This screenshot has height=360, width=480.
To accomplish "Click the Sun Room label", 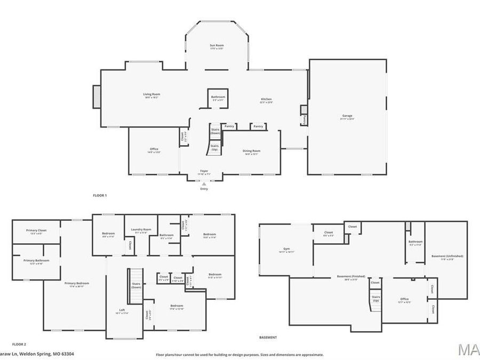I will (216, 47).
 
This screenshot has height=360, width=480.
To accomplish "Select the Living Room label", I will (151, 95).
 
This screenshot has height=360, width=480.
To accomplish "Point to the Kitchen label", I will (266, 100).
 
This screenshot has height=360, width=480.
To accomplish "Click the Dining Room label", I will (251, 151).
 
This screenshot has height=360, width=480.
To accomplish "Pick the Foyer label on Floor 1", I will (204, 172).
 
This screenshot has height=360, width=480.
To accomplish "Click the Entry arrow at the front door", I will (204, 184).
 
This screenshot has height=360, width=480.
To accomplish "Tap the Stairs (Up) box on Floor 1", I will (214, 147).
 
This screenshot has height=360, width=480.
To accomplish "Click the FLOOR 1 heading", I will (100, 196).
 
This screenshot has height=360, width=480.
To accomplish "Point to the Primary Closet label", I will (36, 231).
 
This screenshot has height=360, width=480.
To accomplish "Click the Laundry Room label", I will (141, 230).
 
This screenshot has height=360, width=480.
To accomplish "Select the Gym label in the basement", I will (287, 250).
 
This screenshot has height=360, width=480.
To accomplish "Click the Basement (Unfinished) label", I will (447, 257).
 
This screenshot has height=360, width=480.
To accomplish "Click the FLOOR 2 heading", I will (19, 345).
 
